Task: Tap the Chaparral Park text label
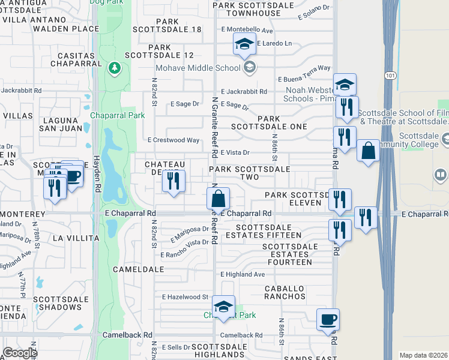118,116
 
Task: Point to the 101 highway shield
391,76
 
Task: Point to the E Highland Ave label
243,274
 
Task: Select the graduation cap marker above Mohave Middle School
244,44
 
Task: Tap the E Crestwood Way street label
173,140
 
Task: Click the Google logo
19,353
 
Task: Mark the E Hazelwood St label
185,297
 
